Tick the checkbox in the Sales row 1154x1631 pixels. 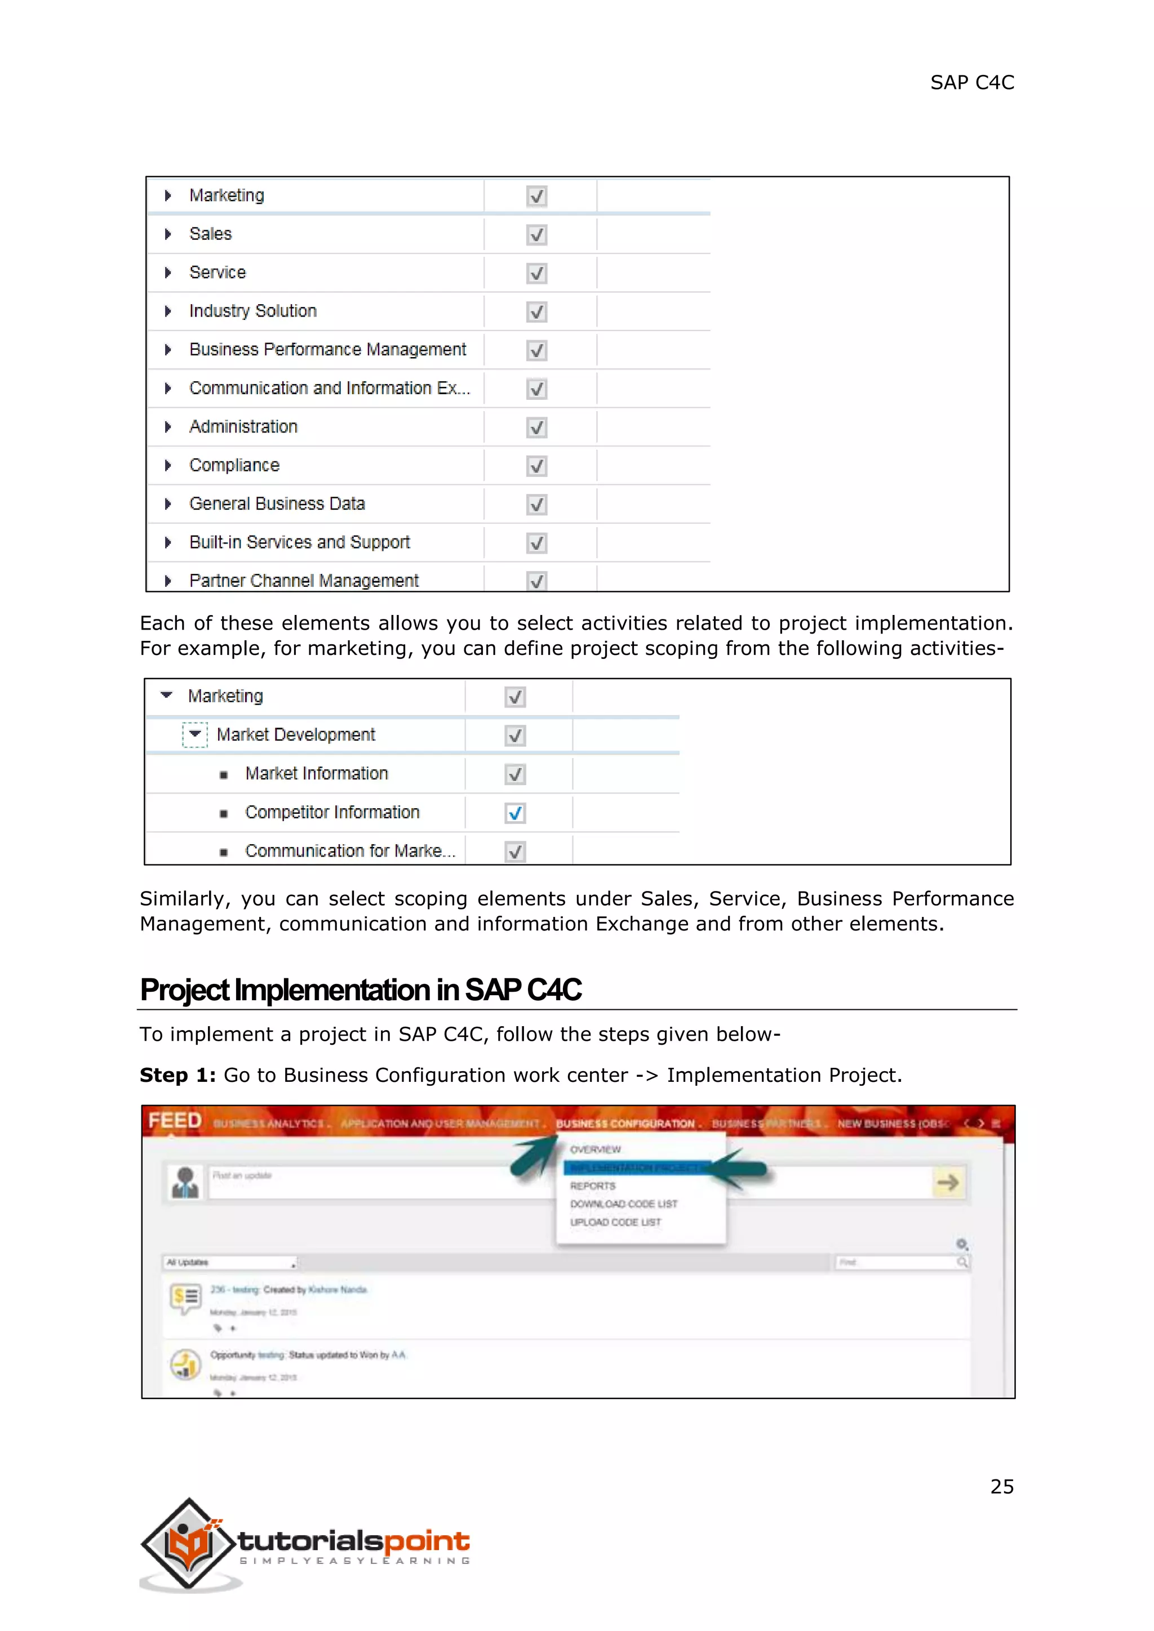coord(536,234)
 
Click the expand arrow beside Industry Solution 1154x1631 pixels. coord(168,311)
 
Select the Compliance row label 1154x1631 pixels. coord(234,465)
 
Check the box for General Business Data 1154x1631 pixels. coord(536,505)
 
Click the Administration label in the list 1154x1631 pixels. coord(243,427)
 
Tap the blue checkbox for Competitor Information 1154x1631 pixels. coord(515,813)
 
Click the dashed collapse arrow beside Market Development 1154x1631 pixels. coord(195,734)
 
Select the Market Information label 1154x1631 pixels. coord(316,774)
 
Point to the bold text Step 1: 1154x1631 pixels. coord(177,1076)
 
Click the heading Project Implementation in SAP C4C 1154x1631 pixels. coord(360,990)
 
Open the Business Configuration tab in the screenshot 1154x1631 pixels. coord(625,1124)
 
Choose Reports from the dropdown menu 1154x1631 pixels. coord(593,1186)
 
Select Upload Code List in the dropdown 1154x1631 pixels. coord(615,1223)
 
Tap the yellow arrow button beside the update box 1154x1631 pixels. coord(948,1183)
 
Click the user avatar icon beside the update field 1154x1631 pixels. coord(185,1183)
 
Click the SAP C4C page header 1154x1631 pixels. coord(972,83)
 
